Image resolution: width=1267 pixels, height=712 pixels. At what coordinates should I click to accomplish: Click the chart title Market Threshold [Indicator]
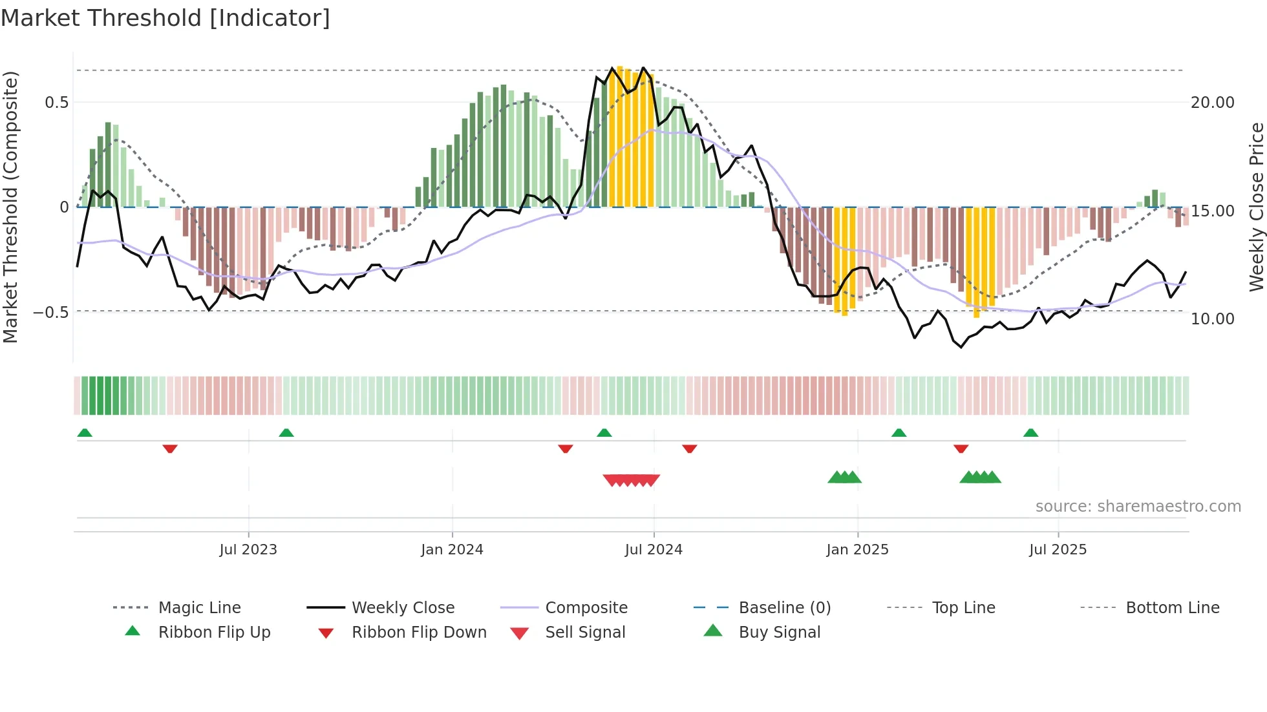tap(165, 18)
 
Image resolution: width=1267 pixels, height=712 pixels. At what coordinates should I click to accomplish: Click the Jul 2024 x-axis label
tap(654, 549)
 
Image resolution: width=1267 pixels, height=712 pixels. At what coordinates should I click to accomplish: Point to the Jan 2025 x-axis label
tap(857, 549)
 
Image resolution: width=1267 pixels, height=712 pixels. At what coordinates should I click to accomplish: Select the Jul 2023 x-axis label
tap(248, 549)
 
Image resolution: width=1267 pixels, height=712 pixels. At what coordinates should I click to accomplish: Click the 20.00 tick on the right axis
tap(1212, 103)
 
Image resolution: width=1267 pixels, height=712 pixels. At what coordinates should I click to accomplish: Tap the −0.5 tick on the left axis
tap(51, 312)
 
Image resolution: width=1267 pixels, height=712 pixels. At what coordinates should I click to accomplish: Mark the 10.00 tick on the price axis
tap(1212, 319)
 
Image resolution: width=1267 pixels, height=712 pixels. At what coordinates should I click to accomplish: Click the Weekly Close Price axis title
tap(1255, 207)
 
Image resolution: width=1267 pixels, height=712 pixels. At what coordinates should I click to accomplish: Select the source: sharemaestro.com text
tap(1138, 506)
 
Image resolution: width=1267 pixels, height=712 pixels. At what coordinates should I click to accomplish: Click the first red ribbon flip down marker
tap(170, 448)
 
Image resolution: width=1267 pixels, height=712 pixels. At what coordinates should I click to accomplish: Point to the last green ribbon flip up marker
tap(1030, 433)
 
